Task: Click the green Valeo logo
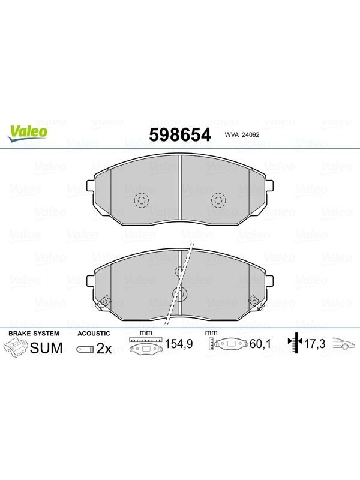(28, 134)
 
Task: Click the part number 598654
(180, 134)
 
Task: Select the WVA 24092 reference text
(242, 134)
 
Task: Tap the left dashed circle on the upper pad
(142, 201)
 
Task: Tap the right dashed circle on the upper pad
(218, 201)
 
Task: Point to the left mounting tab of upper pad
(91, 185)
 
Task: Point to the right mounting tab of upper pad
(269, 185)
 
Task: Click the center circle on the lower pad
(180, 295)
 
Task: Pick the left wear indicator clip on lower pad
(103, 302)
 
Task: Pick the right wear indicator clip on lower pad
(256, 302)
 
